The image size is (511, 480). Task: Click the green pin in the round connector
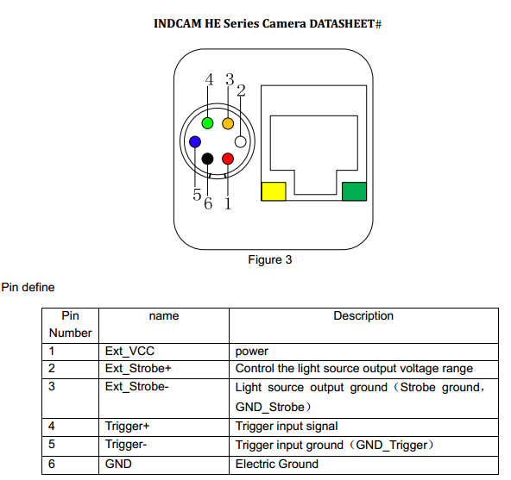pos(207,123)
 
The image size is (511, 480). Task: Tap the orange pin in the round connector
pos(228,123)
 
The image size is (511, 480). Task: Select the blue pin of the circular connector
pos(195,142)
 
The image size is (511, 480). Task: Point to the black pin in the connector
pos(207,159)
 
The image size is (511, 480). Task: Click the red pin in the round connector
pos(228,159)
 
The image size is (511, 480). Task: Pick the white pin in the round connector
pos(241,142)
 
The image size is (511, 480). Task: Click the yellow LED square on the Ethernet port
pos(274,191)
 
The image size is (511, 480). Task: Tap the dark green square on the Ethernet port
pos(354,191)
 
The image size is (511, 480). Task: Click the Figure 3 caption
pos(270,259)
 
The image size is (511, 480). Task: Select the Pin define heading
pos(28,287)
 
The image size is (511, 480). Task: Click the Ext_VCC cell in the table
pos(164,352)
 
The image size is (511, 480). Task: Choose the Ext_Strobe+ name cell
pos(164,370)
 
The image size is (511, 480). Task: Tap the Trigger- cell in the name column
pos(164,446)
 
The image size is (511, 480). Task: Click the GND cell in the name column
pos(164,465)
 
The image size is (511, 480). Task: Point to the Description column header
pos(363,316)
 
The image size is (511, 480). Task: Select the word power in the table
pos(251,352)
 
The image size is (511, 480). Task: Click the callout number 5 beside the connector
pos(197,195)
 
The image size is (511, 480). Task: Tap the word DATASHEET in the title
pos(342,24)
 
